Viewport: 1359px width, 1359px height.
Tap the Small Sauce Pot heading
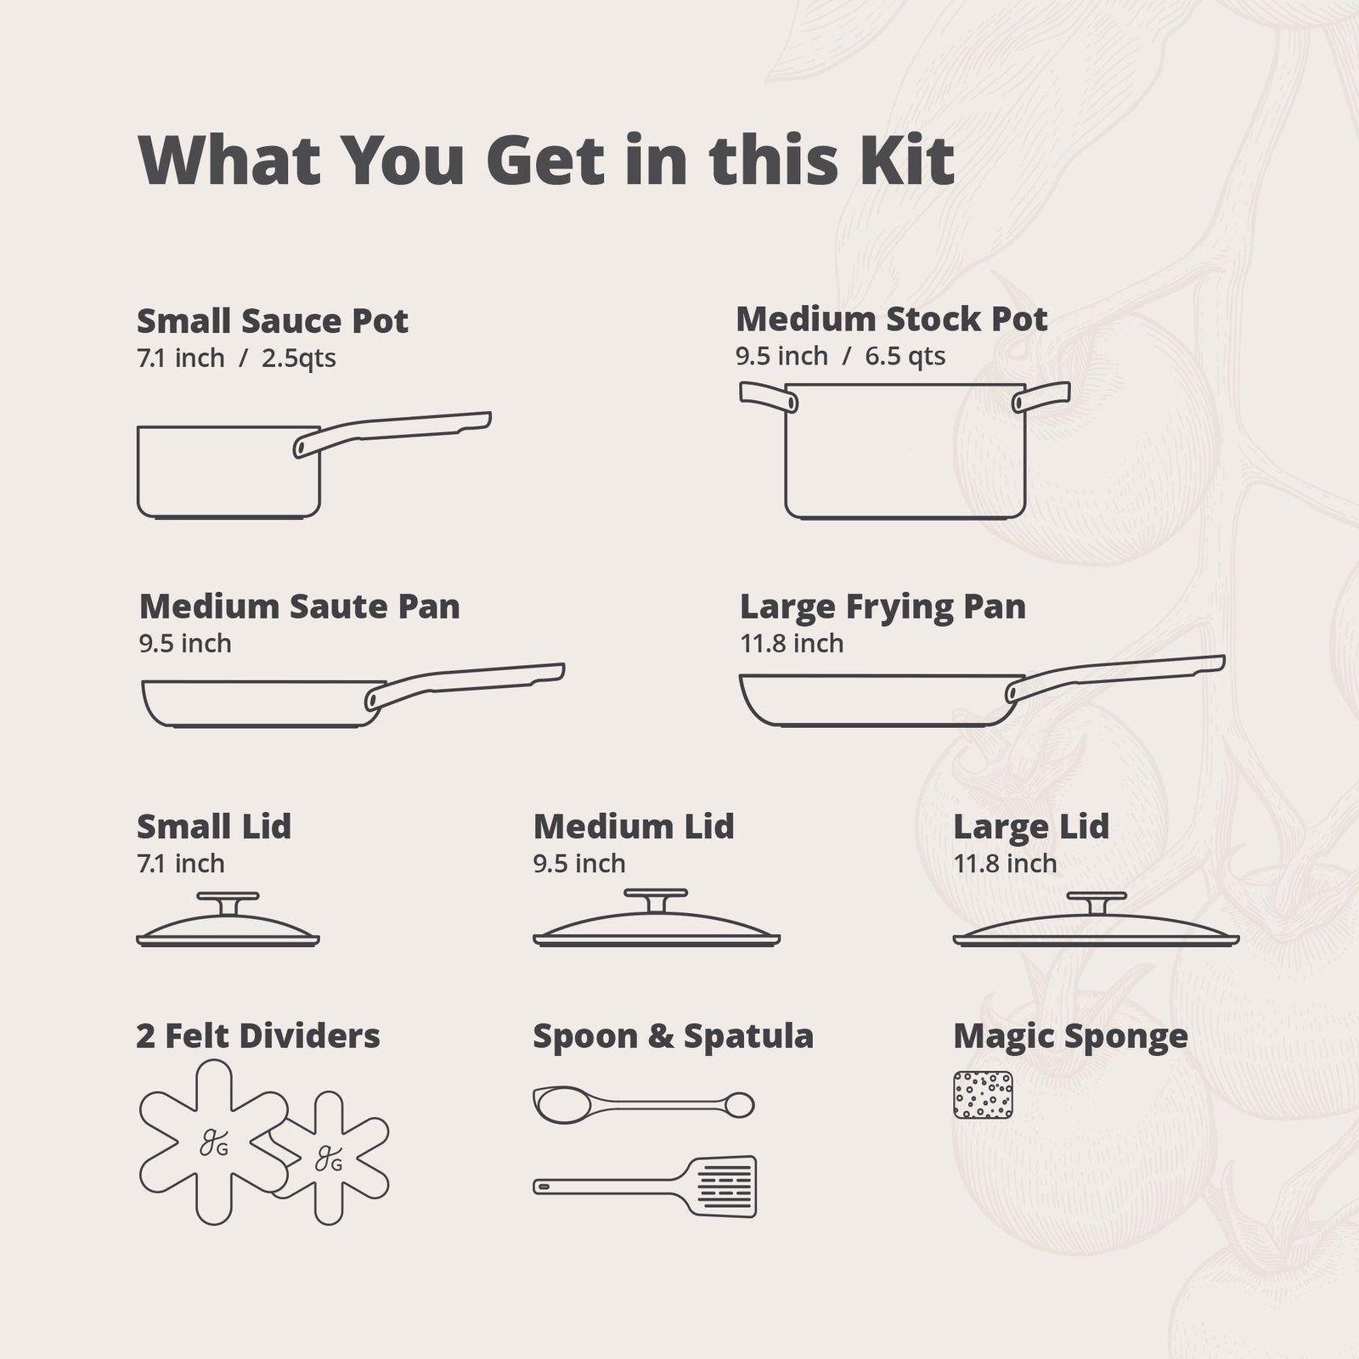pyautogui.click(x=273, y=321)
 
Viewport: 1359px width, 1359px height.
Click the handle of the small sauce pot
pyautogui.click(x=392, y=433)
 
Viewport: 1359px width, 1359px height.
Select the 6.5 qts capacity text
pyautogui.click(x=905, y=356)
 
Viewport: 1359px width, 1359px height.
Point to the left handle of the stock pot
pyautogui.click(x=768, y=396)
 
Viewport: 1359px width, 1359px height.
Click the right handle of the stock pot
pyautogui.click(x=1041, y=396)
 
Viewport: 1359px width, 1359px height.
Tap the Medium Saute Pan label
pyautogui.click(x=300, y=606)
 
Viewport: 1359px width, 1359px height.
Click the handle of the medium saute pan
pyautogui.click(x=465, y=685)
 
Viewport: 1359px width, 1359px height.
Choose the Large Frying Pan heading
pyautogui.click(x=883, y=606)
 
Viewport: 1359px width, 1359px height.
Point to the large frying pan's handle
pyautogui.click(x=1115, y=678)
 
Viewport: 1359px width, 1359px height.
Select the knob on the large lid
pyautogui.click(x=1097, y=903)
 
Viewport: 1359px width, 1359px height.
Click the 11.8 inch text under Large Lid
pyautogui.click(x=1005, y=864)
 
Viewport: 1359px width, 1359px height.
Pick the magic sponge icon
pyautogui.click(x=984, y=1095)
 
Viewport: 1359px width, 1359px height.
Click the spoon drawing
pyautogui.click(x=644, y=1104)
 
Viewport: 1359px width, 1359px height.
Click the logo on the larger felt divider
pyautogui.click(x=213, y=1143)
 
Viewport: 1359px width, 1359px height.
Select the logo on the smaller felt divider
pyautogui.click(x=329, y=1159)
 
